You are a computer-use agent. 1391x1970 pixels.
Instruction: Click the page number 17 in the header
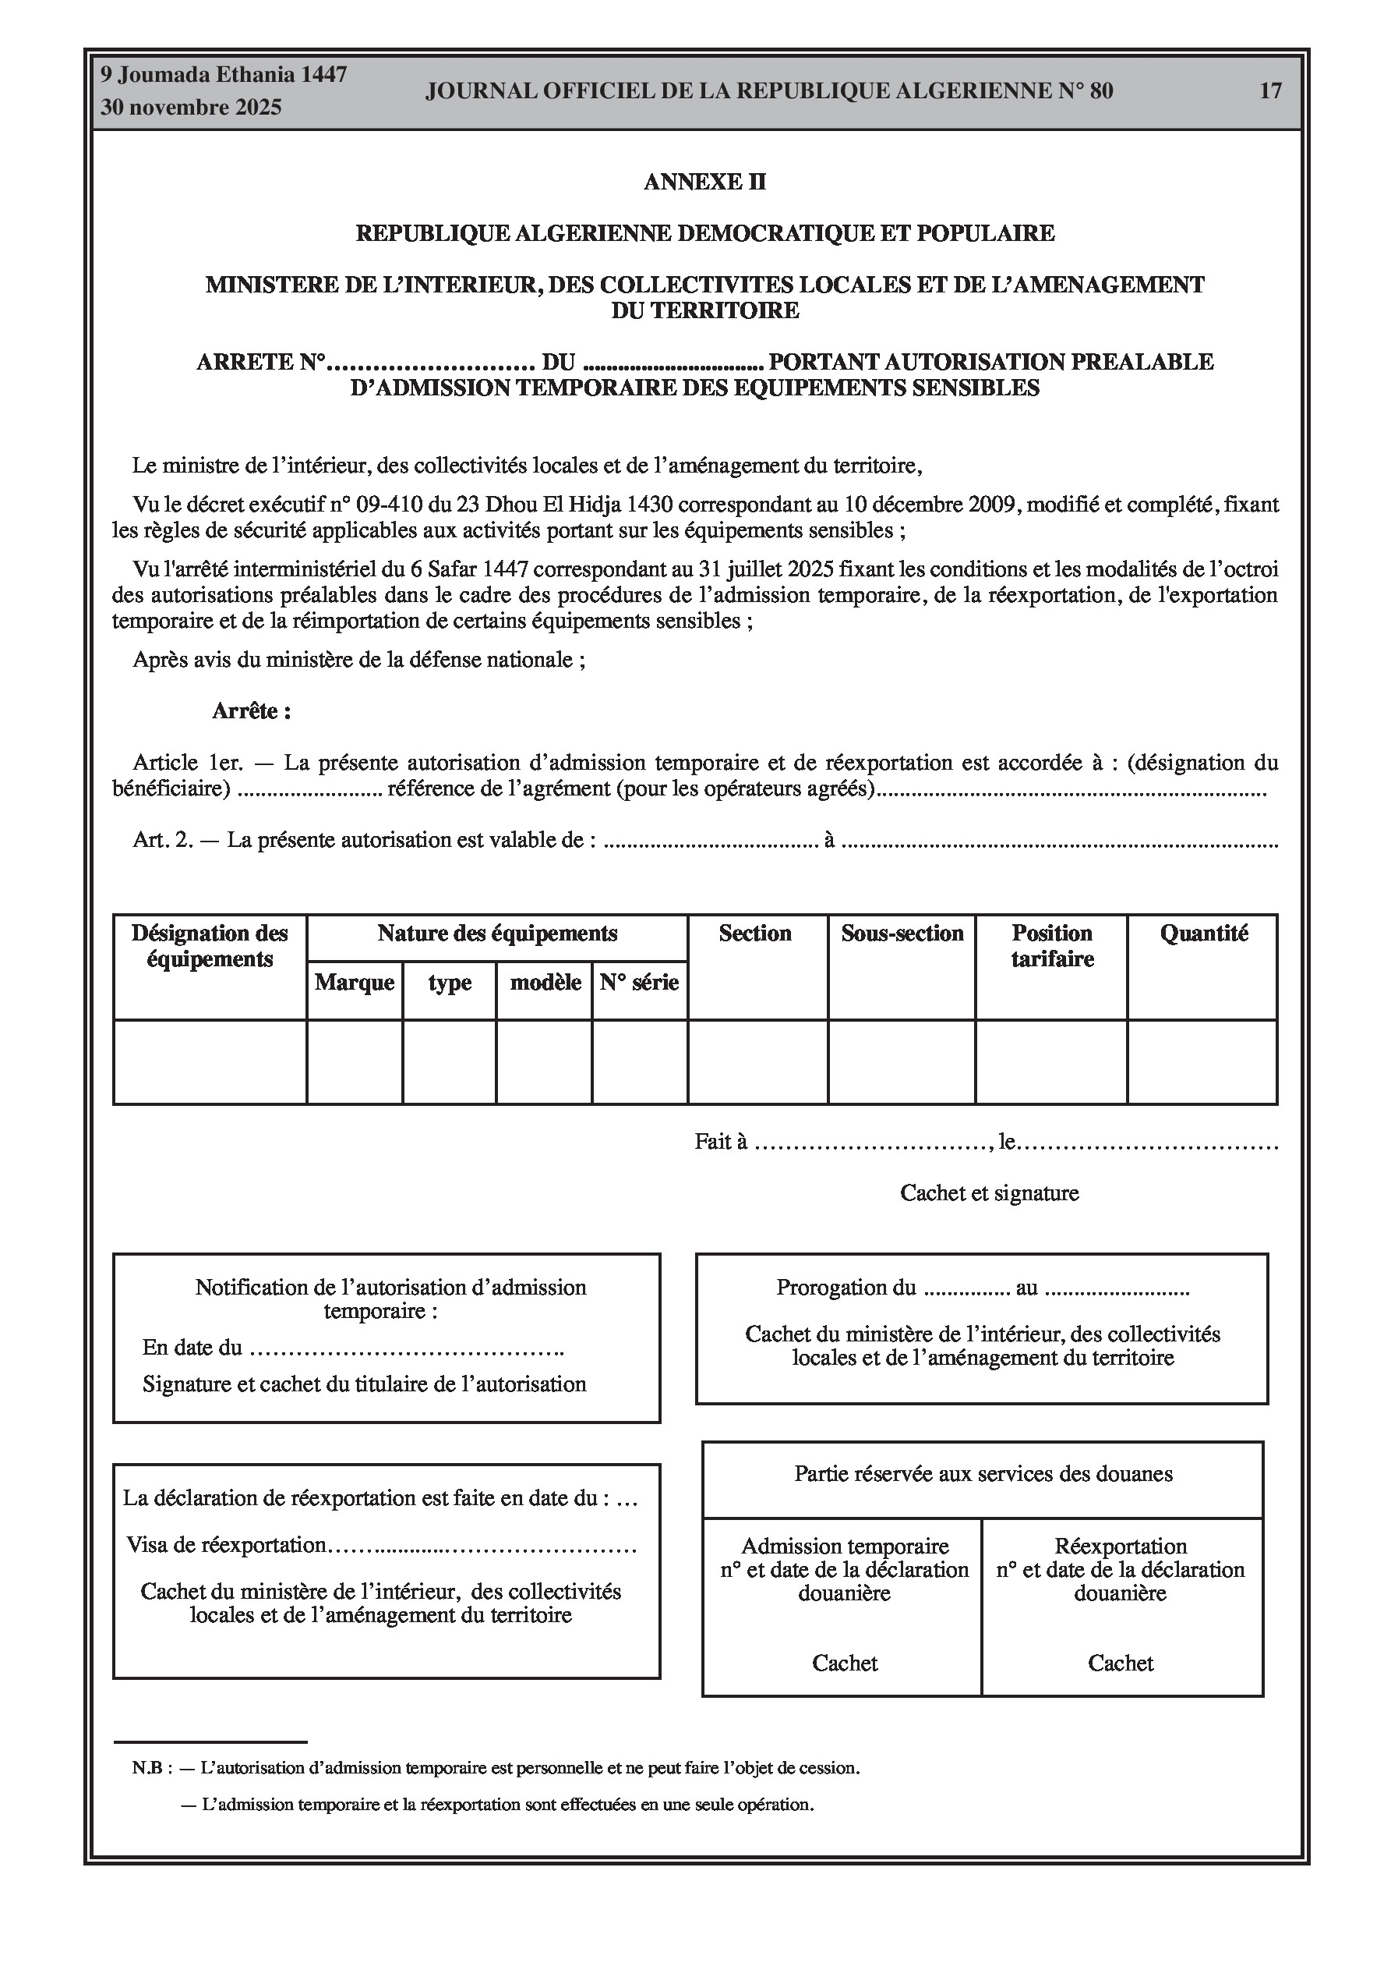(1270, 91)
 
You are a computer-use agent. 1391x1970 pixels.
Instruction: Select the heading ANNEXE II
(704, 182)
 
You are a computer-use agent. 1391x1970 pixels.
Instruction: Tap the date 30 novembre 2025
(191, 108)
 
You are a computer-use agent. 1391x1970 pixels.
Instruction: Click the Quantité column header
(1203, 934)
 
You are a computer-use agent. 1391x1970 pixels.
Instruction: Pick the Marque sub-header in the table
(355, 983)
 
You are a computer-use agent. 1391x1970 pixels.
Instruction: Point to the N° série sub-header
(639, 983)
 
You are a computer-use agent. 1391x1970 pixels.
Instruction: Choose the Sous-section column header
(902, 934)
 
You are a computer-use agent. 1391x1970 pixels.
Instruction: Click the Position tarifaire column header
(1051, 945)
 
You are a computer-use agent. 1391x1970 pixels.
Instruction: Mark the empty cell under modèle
(544, 1061)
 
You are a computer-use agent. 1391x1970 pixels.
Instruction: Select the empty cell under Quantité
(1202, 1061)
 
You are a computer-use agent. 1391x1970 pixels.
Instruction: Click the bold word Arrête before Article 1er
(250, 711)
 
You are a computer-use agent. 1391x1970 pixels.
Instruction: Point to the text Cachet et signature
(989, 1193)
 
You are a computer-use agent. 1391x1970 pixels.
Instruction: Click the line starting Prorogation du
(982, 1288)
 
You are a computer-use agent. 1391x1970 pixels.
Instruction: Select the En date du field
(351, 1348)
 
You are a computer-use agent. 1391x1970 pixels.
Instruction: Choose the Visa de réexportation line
(382, 1545)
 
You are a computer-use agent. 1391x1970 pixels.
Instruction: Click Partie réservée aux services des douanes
(983, 1474)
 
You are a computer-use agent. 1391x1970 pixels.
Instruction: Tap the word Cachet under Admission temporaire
(845, 1664)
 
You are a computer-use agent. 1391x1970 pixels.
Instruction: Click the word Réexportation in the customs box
(1120, 1547)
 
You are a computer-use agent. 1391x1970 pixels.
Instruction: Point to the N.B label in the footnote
(151, 1768)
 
